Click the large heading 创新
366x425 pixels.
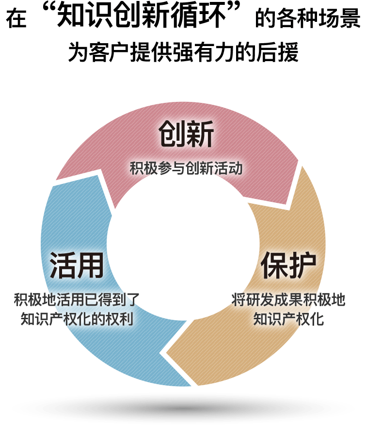(x=186, y=134)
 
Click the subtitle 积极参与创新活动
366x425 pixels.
(x=186, y=168)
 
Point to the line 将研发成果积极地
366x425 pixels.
(x=288, y=299)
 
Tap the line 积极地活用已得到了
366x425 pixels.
(x=77, y=299)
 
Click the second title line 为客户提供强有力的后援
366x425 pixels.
(x=183, y=52)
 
